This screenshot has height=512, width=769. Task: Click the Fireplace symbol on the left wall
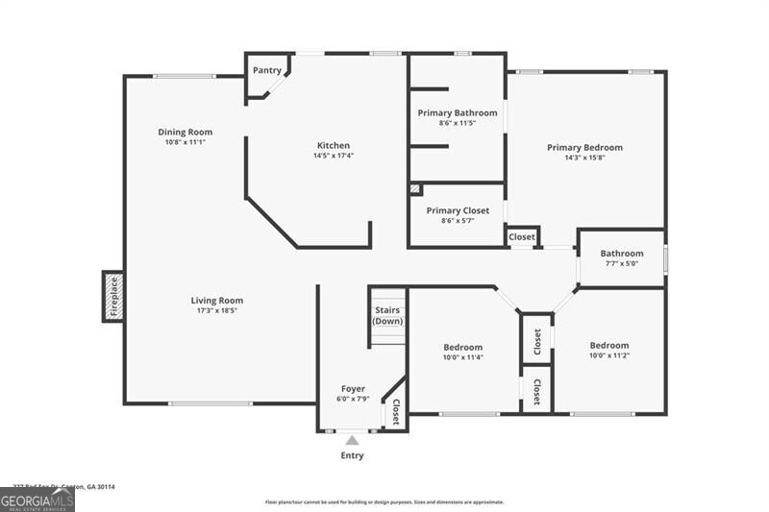click(x=112, y=296)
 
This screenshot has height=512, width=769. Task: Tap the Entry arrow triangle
click(x=352, y=440)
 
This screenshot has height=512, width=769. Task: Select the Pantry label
click(x=266, y=70)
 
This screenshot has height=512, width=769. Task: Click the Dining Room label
click(x=186, y=132)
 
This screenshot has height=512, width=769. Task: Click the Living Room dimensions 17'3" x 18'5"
click(x=216, y=310)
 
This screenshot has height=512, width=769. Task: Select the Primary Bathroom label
click(x=458, y=112)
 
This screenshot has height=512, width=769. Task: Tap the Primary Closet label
click(x=458, y=210)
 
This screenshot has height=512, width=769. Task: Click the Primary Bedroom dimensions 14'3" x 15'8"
click(x=584, y=158)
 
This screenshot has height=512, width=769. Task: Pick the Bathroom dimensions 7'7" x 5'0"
click(x=621, y=263)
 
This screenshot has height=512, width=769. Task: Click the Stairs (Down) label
click(x=387, y=315)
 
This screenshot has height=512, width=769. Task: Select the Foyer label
click(x=353, y=389)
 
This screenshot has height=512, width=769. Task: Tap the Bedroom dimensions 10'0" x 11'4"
click(x=462, y=356)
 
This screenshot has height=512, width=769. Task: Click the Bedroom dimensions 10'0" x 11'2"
click(x=609, y=355)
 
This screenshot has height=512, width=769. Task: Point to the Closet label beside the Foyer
click(x=395, y=412)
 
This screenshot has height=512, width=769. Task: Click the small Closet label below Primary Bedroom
click(x=522, y=236)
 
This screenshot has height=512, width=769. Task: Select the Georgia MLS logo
click(x=37, y=500)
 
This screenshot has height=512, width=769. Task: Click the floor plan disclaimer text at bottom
click(x=384, y=501)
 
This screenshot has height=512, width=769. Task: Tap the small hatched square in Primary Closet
click(x=415, y=189)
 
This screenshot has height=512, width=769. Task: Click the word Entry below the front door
click(x=352, y=455)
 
